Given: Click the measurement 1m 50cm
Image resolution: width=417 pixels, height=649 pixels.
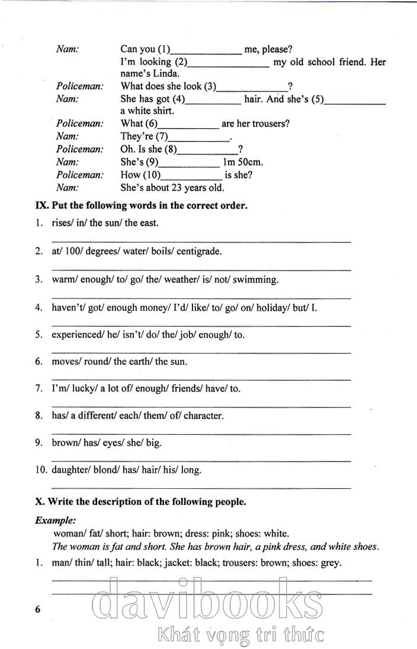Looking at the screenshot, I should coord(243,162).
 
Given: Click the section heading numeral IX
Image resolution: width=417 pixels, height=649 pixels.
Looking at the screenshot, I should coord(41,206).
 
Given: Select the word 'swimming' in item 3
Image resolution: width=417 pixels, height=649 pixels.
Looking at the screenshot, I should coord(255,279).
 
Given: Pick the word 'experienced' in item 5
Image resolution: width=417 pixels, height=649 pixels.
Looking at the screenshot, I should coord(75,335).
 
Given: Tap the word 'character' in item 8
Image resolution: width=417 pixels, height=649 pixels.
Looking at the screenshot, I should coord(204,416).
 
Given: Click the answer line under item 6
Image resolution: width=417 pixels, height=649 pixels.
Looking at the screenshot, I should coord(201,378).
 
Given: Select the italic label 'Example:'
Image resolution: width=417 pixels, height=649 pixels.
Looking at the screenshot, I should coord(55,520).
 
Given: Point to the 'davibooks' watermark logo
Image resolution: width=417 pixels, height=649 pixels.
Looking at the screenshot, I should coord(208,602).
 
